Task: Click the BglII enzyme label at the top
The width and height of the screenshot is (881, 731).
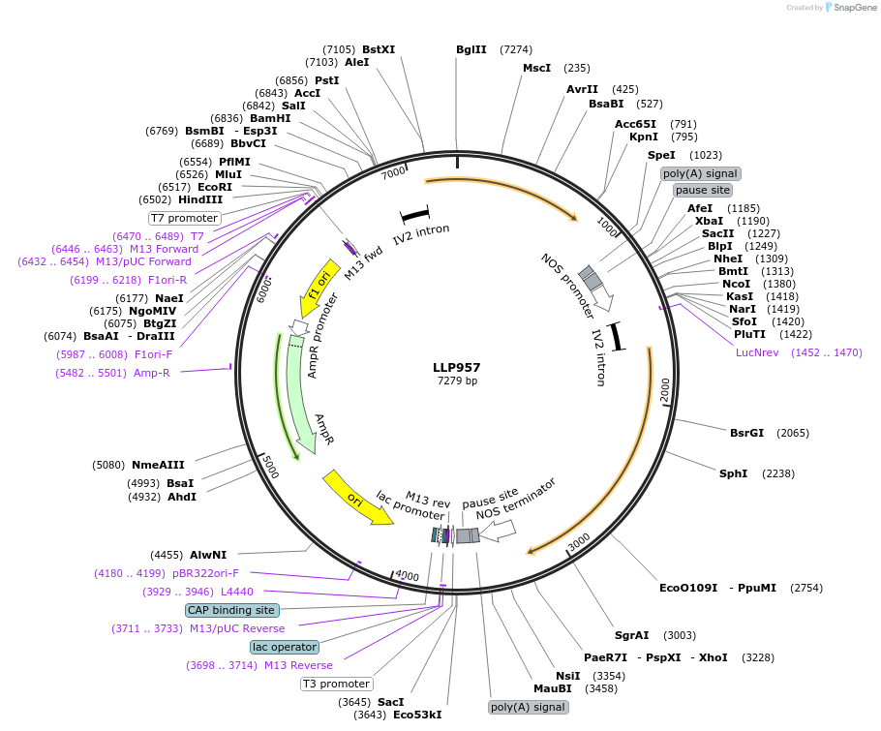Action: click(471, 49)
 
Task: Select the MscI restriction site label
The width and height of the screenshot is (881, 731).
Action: click(536, 68)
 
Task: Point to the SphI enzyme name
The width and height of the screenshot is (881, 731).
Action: click(733, 473)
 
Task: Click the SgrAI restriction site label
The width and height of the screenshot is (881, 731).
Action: click(631, 635)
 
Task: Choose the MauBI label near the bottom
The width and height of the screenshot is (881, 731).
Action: click(552, 688)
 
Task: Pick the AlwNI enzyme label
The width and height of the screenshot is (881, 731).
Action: click(208, 555)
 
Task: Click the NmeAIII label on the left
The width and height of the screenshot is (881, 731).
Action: click(158, 465)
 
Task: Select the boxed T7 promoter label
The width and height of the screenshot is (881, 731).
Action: click(184, 218)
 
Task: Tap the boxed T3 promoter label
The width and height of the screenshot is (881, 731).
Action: click(336, 684)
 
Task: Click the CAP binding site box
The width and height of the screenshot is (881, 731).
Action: click(231, 610)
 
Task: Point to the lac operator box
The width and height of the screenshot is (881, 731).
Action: click(284, 647)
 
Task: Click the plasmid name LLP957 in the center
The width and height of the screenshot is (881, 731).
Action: click(457, 368)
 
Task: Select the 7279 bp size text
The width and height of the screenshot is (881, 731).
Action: click(457, 381)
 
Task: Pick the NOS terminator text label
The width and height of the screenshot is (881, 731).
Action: click(516, 498)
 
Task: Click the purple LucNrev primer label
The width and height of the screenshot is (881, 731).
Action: click(759, 352)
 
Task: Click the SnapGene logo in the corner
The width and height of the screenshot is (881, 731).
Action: click(848, 7)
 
